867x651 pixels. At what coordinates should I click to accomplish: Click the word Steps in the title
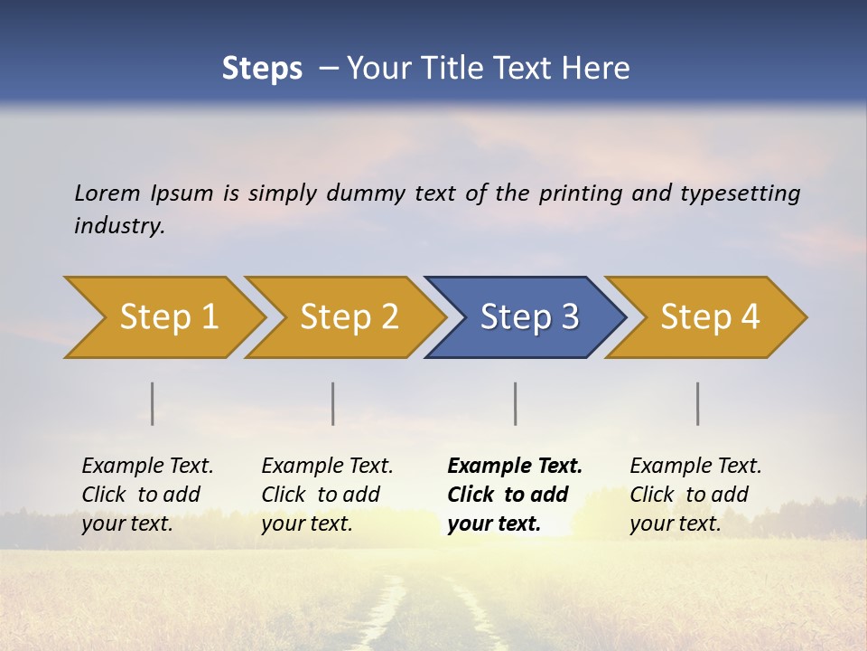262,69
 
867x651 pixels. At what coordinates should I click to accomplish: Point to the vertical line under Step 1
153,403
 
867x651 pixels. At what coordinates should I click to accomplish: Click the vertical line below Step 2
333,403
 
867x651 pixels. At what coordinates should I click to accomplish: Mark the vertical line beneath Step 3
516,403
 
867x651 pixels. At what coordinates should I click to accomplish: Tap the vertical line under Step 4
698,403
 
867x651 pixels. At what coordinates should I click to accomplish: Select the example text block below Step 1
147,495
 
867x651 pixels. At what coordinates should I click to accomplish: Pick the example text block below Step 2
327,495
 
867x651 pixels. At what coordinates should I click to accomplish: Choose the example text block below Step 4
695,495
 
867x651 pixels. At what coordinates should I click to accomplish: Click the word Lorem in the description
107,193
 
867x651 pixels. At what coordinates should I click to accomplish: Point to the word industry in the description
119,226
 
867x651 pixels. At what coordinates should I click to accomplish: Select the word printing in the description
578,193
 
